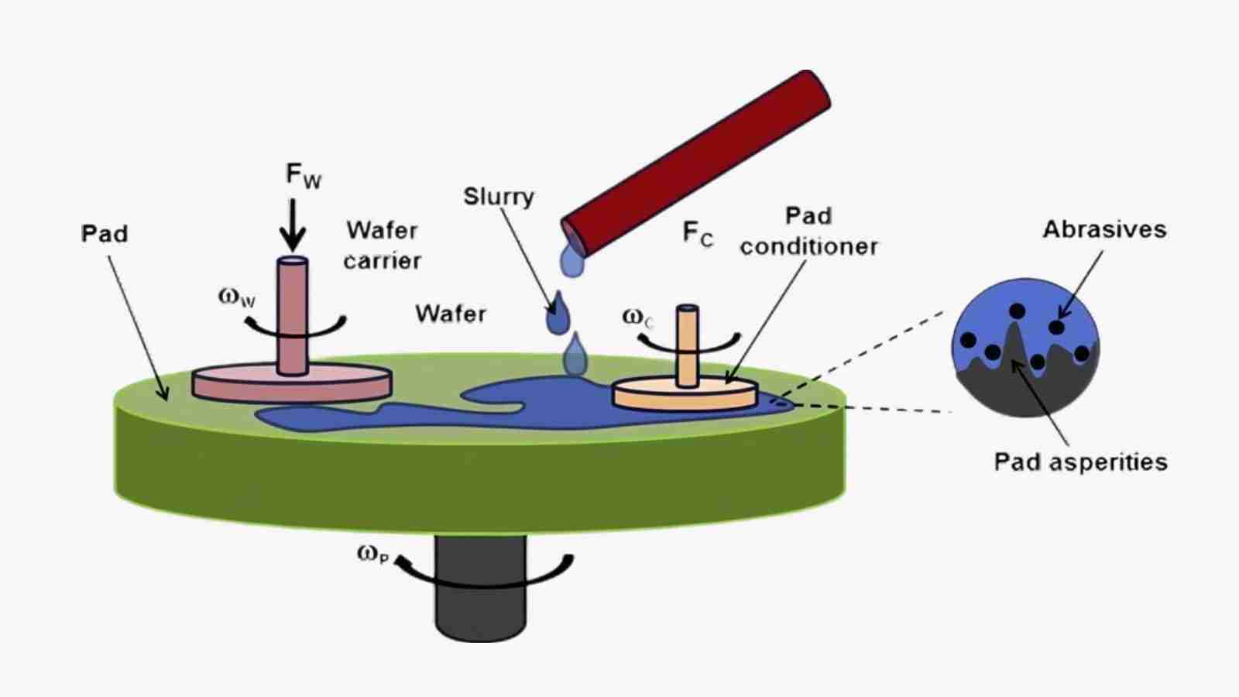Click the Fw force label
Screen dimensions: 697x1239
(303, 176)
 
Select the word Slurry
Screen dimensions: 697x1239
(499, 197)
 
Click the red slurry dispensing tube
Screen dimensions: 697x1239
(697, 163)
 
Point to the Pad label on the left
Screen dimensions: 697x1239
(105, 233)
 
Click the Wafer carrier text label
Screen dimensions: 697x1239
(383, 245)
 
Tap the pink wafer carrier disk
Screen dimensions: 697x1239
(292, 384)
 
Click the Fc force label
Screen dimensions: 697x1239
(697, 233)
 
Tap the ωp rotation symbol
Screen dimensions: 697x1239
(372, 554)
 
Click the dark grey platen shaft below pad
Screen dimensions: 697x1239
(480, 596)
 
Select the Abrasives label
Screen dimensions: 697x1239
(1104, 229)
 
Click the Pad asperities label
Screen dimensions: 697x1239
(1080, 462)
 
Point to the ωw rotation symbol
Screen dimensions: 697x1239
(236, 297)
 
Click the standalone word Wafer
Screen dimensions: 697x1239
(451, 314)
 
